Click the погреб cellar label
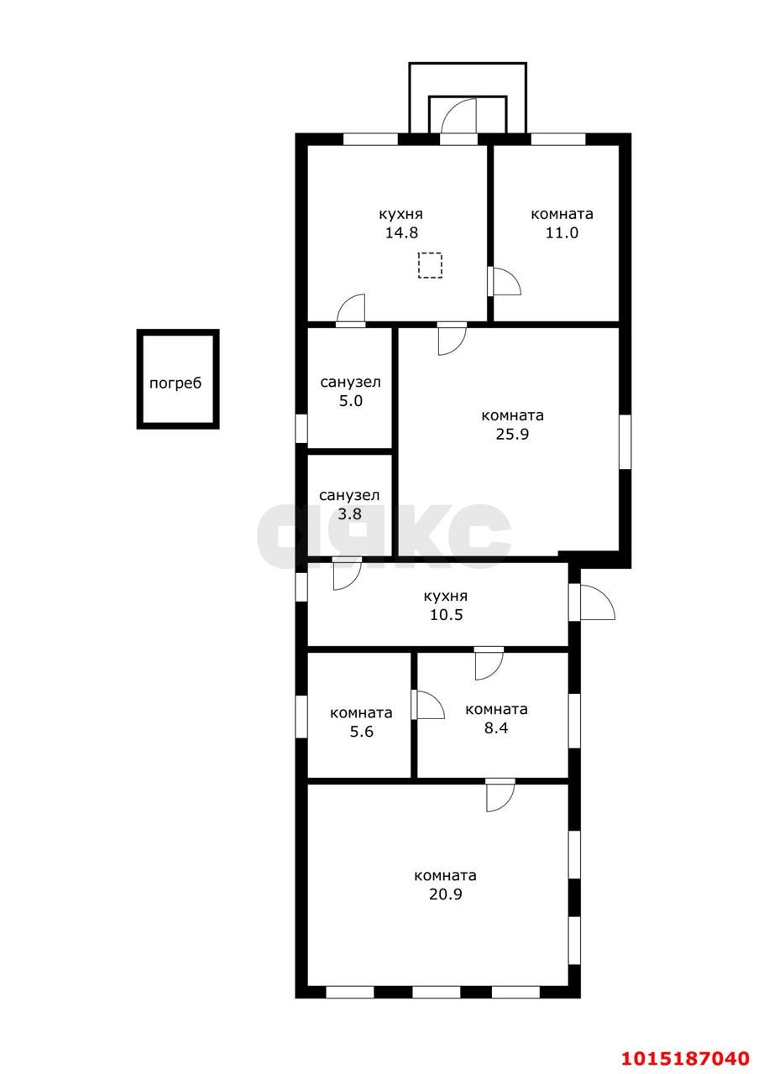[175, 384]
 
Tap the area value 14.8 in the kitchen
[401, 232]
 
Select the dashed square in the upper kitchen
[430, 265]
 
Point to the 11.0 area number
[562, 232]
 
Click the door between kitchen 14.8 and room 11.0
[505, 281]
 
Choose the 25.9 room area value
[512, 434]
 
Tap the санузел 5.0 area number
[351, 401]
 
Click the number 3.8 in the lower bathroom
[350, 514]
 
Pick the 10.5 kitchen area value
[446, 615]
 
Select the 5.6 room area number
[361, 732]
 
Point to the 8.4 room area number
[496, 727]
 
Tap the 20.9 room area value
[446, 894]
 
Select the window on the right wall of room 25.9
[625, 441]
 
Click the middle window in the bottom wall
[436, 1002]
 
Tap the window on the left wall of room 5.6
[301, 717]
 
